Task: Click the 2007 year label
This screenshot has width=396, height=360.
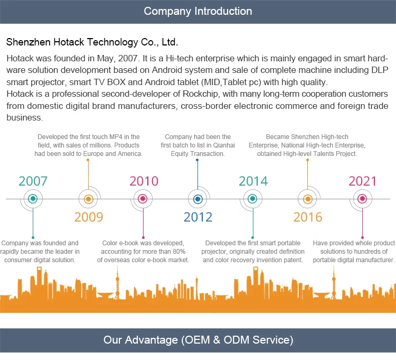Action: pyautogui.click(x=33, y=181)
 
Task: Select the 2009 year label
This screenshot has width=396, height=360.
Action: pyautogui.click(x=89, y=217)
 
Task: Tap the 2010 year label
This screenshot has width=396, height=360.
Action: pyautogui.click(x=144, y=181)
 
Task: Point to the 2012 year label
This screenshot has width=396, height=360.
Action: pyautogui.click(x=198, y=217)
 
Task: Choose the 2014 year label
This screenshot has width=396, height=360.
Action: pyautogui.click(x=253, y=181)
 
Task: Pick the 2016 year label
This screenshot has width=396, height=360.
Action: pyautogui.click(x=308, y=217)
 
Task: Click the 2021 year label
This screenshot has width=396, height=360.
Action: pyautogui.click(x=363, y=181)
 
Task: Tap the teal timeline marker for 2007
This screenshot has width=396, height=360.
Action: pyautogui.click(x=33, y=199)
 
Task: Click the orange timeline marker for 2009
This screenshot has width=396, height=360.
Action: pyautogui.click(x=89, y=199)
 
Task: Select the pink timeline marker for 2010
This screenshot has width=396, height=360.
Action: pyautogui.click(x=143, y=199)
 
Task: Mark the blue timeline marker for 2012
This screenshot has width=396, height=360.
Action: pyautogui.click(x=197, y=199)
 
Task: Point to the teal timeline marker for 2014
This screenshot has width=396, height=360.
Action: pyautogui.click(x=252, y=199)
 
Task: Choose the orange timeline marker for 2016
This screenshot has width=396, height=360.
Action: pyautogui.click(x=308, y=199)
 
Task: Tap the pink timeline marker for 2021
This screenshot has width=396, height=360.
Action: pyautogui.click(x=362, y=199)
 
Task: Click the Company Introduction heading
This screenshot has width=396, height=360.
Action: pyautogui.click(x=198, y=11)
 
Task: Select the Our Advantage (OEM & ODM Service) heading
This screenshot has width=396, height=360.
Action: pyautogui.click(x=198, y=340)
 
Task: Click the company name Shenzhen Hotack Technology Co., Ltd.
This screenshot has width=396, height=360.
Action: pyautogui.click(x=92, y=42)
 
